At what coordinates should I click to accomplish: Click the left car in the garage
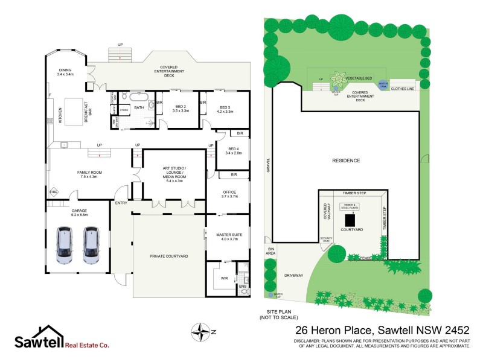click(x=65, y=246)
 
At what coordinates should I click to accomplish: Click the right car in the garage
click(x=91, y=246)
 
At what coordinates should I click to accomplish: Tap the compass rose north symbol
click(x=199, y=331)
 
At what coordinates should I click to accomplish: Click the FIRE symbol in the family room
click(x=53, y=192)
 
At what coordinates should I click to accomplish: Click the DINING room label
click(x=65, y=72)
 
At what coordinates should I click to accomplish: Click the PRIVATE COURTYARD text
click(x=169, y=256)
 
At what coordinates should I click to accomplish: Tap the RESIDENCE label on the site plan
click(x=346, y=160)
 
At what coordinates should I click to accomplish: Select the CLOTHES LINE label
click(x=403, y=89)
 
